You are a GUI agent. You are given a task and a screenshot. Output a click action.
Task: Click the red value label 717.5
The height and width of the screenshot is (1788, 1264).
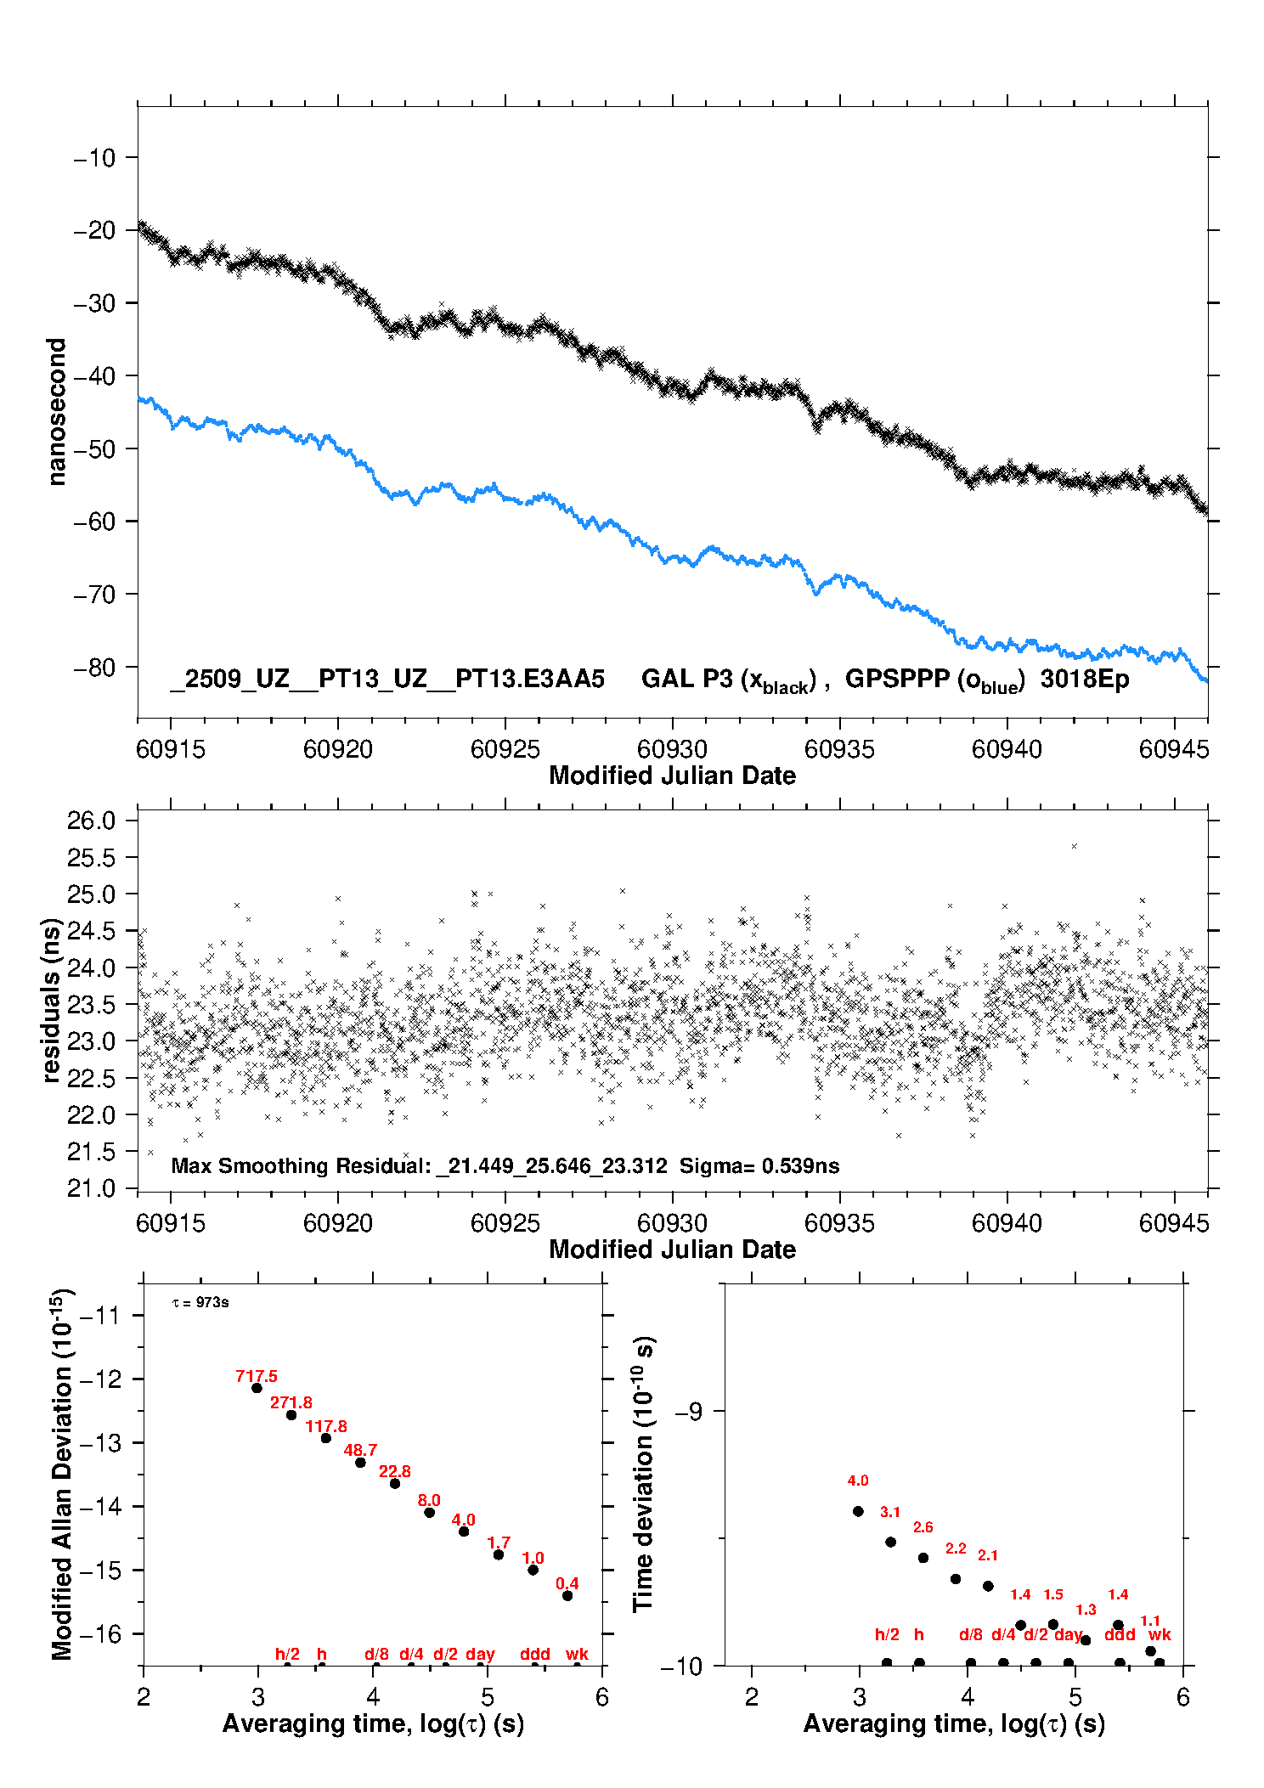point(257,1376)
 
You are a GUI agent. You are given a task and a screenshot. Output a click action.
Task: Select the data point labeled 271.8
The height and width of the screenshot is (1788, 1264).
point(291,1415)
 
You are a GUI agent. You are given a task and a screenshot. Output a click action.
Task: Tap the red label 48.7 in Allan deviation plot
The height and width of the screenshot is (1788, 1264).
point(360,1450)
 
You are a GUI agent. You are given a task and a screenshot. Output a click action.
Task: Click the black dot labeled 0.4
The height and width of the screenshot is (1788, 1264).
point(567,1595)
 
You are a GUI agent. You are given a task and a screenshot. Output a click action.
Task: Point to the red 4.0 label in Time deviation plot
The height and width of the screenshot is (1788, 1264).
point(858,1481)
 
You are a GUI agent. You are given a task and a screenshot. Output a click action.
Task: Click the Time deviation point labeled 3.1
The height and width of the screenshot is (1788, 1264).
point(890,1542)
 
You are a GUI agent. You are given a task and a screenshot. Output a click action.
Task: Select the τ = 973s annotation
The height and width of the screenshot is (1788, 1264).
point(200,1303)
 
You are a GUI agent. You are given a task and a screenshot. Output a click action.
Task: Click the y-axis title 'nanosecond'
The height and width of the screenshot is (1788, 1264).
point(56,412)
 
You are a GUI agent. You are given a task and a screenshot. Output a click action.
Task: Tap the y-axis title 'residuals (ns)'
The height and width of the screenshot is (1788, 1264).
point(51,1000)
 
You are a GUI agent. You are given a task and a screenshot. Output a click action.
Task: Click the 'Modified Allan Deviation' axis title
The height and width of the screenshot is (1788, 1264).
point(61,1474)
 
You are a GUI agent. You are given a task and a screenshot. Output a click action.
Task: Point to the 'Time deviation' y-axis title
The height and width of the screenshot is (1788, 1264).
point(643,1474)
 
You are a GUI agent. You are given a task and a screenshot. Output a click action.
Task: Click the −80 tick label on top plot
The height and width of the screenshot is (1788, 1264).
point(93,668)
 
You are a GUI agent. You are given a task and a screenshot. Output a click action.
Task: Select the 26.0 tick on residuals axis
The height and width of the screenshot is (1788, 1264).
point(91,821)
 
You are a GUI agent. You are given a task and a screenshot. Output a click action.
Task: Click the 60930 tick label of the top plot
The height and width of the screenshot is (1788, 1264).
point(672,749)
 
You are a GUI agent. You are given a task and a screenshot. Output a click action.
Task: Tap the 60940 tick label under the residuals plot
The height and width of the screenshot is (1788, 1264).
point(1007,1223)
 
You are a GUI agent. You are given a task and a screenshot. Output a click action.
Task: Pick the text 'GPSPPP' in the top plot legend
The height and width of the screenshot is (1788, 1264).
point(897,679)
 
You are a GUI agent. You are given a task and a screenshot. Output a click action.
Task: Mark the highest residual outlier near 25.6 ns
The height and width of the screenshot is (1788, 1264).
point(1075,846)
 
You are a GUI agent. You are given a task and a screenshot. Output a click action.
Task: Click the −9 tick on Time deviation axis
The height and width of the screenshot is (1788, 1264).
point(689,1412)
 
